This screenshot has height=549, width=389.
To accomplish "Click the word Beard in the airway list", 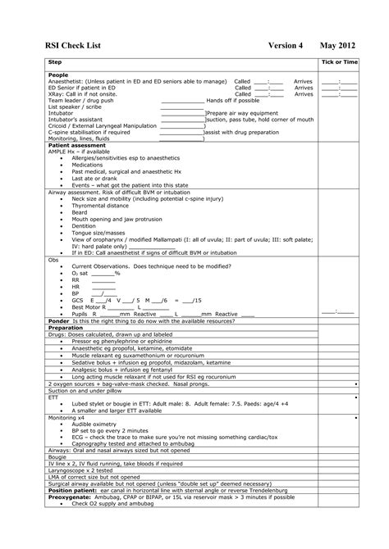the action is (x=80, y=212).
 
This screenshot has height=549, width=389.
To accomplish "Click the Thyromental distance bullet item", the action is (x=101, y=206).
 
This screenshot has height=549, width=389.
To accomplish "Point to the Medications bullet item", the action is (x=88, y=164).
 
